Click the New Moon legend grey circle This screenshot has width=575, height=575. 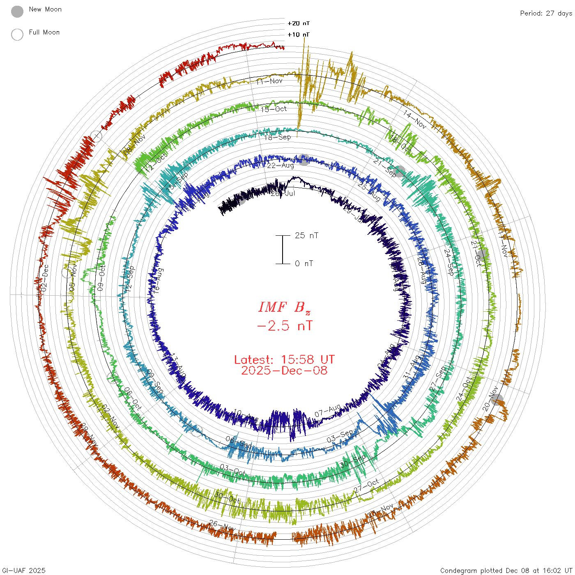17,12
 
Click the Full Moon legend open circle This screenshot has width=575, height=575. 17,34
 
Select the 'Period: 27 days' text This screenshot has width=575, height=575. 546,13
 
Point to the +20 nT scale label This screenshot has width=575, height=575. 299,23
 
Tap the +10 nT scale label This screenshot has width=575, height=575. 299,34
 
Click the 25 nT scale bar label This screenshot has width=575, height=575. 306,235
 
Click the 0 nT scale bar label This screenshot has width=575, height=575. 304,263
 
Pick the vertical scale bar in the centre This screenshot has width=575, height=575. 283,249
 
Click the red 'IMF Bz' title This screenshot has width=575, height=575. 284,307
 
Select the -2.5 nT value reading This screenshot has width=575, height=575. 284,326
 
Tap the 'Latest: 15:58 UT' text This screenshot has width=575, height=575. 284,360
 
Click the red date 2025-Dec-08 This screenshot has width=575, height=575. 284,370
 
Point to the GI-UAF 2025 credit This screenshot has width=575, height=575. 24,570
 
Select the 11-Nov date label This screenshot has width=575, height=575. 269,81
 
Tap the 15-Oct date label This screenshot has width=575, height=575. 274,109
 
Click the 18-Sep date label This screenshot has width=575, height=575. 277,137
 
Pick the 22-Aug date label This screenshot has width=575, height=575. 281,166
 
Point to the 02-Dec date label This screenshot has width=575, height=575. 44,278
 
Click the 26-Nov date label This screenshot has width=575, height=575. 222,525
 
